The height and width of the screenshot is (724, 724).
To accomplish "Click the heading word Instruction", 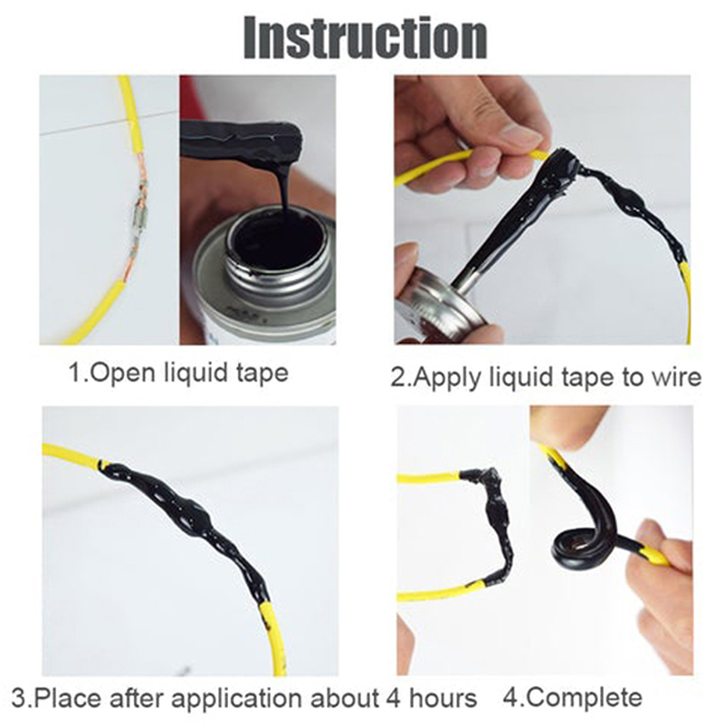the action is [366, 38].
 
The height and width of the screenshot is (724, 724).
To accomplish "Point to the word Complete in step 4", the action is [585, 698].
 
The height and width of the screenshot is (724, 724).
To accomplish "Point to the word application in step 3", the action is [237, 699].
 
